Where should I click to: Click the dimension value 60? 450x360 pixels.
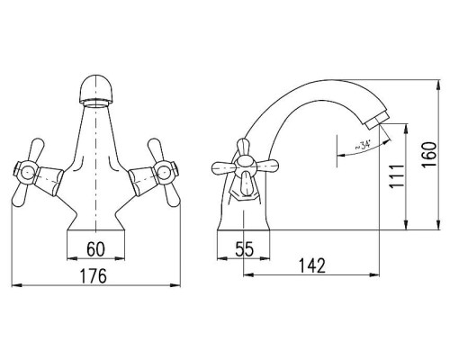(x=96, y=248)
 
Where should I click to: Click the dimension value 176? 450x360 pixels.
(x=94, y=275)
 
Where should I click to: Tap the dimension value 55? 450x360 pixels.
(x=245, y=248)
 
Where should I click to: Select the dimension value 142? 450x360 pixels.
(x=312, y=265)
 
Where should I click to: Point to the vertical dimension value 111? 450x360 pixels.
(x=396, y=176)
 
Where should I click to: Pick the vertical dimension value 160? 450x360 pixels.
(x=428, y=155)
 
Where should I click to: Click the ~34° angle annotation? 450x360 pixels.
(x=363, y=146)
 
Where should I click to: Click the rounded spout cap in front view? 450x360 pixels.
(x=95, y=88)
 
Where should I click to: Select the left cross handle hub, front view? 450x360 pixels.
(x=27, y=173)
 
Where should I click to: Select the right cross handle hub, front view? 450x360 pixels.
(x=165, y=172)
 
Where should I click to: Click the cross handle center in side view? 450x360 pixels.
(x=245, y=166)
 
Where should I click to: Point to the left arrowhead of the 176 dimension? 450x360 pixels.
(x=16, y=285)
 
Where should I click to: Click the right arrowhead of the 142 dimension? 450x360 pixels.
(x=374, y=274)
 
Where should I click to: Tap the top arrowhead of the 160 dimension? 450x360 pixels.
(x=438, y=85)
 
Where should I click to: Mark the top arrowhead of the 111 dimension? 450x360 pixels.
(x=406, y=129)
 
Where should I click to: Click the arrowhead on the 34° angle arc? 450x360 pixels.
(x=342, y=156)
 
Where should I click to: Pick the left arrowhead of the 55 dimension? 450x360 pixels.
(x=221, y=258)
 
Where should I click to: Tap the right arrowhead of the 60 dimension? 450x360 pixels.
(x=119, y=258)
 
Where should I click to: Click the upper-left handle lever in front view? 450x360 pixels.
(x=34, y=151)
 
